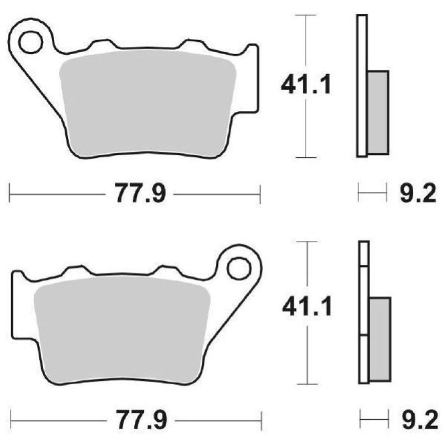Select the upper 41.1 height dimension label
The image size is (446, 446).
point(306,85)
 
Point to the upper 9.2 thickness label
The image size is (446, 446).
point(415,195)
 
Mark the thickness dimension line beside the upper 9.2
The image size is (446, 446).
point(372,195)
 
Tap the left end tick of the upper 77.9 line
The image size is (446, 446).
point(11,195)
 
